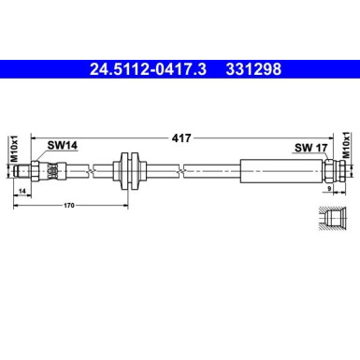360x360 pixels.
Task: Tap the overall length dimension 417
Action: (181, 137)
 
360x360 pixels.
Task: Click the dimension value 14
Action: (22, 191)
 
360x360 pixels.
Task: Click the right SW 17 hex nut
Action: (328, 169)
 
